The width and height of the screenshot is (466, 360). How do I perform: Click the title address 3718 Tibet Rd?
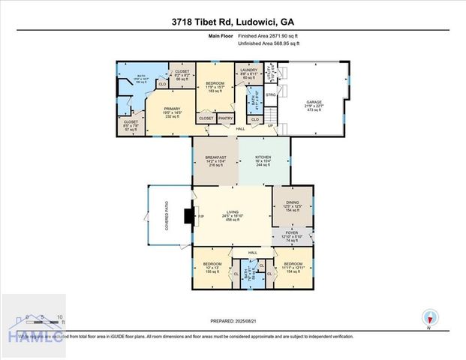pos(233,21)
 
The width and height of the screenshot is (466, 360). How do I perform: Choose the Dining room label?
pos(293,207)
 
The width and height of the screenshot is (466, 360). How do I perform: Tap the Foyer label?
pos(293,235)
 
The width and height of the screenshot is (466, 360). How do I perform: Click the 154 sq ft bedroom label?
pos(293,268)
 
